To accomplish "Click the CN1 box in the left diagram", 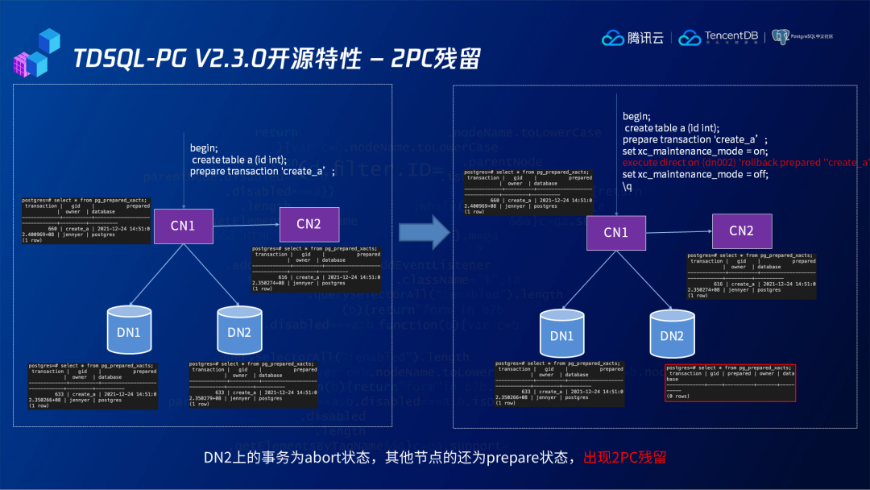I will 182,226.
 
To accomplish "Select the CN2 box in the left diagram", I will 309,223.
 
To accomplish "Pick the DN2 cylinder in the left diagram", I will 238,331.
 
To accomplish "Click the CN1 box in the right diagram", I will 615,232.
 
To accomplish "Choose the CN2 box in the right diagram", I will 741,231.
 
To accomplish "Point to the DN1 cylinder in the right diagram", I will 561,335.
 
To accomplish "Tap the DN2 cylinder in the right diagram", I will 672,335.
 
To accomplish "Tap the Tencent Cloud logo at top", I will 633,38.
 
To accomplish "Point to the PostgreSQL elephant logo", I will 779,37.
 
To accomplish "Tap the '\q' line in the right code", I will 628,186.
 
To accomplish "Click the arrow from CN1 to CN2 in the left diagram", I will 245,225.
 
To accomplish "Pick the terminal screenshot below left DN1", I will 93,386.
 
